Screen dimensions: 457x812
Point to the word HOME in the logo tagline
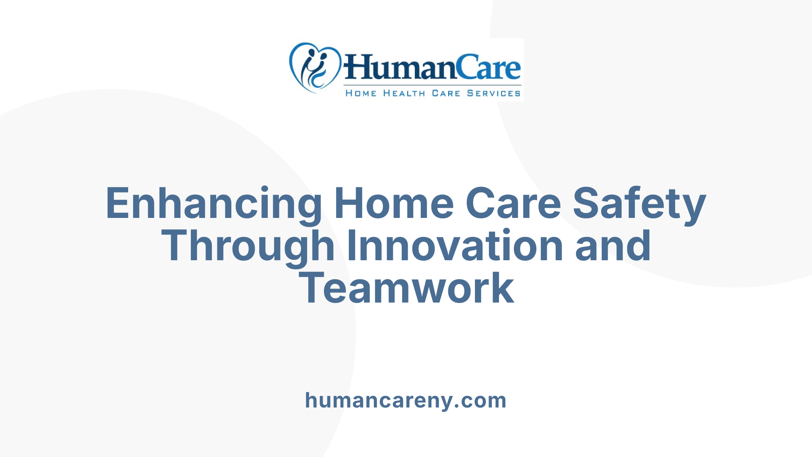(x=361, y=93)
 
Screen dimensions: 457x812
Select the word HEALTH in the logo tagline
(x=404, y=93)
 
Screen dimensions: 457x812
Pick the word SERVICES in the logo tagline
(x=494, y=93)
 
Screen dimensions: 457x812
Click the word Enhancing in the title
(x=214, y=204)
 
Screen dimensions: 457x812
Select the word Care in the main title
(x=513, y=204)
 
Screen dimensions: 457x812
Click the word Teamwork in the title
(x=406, y=289)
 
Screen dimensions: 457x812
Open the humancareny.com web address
(x=406, y=400)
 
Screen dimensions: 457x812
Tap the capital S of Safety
(x=587, y=204)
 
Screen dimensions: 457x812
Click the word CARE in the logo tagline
(x=446, y=93)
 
